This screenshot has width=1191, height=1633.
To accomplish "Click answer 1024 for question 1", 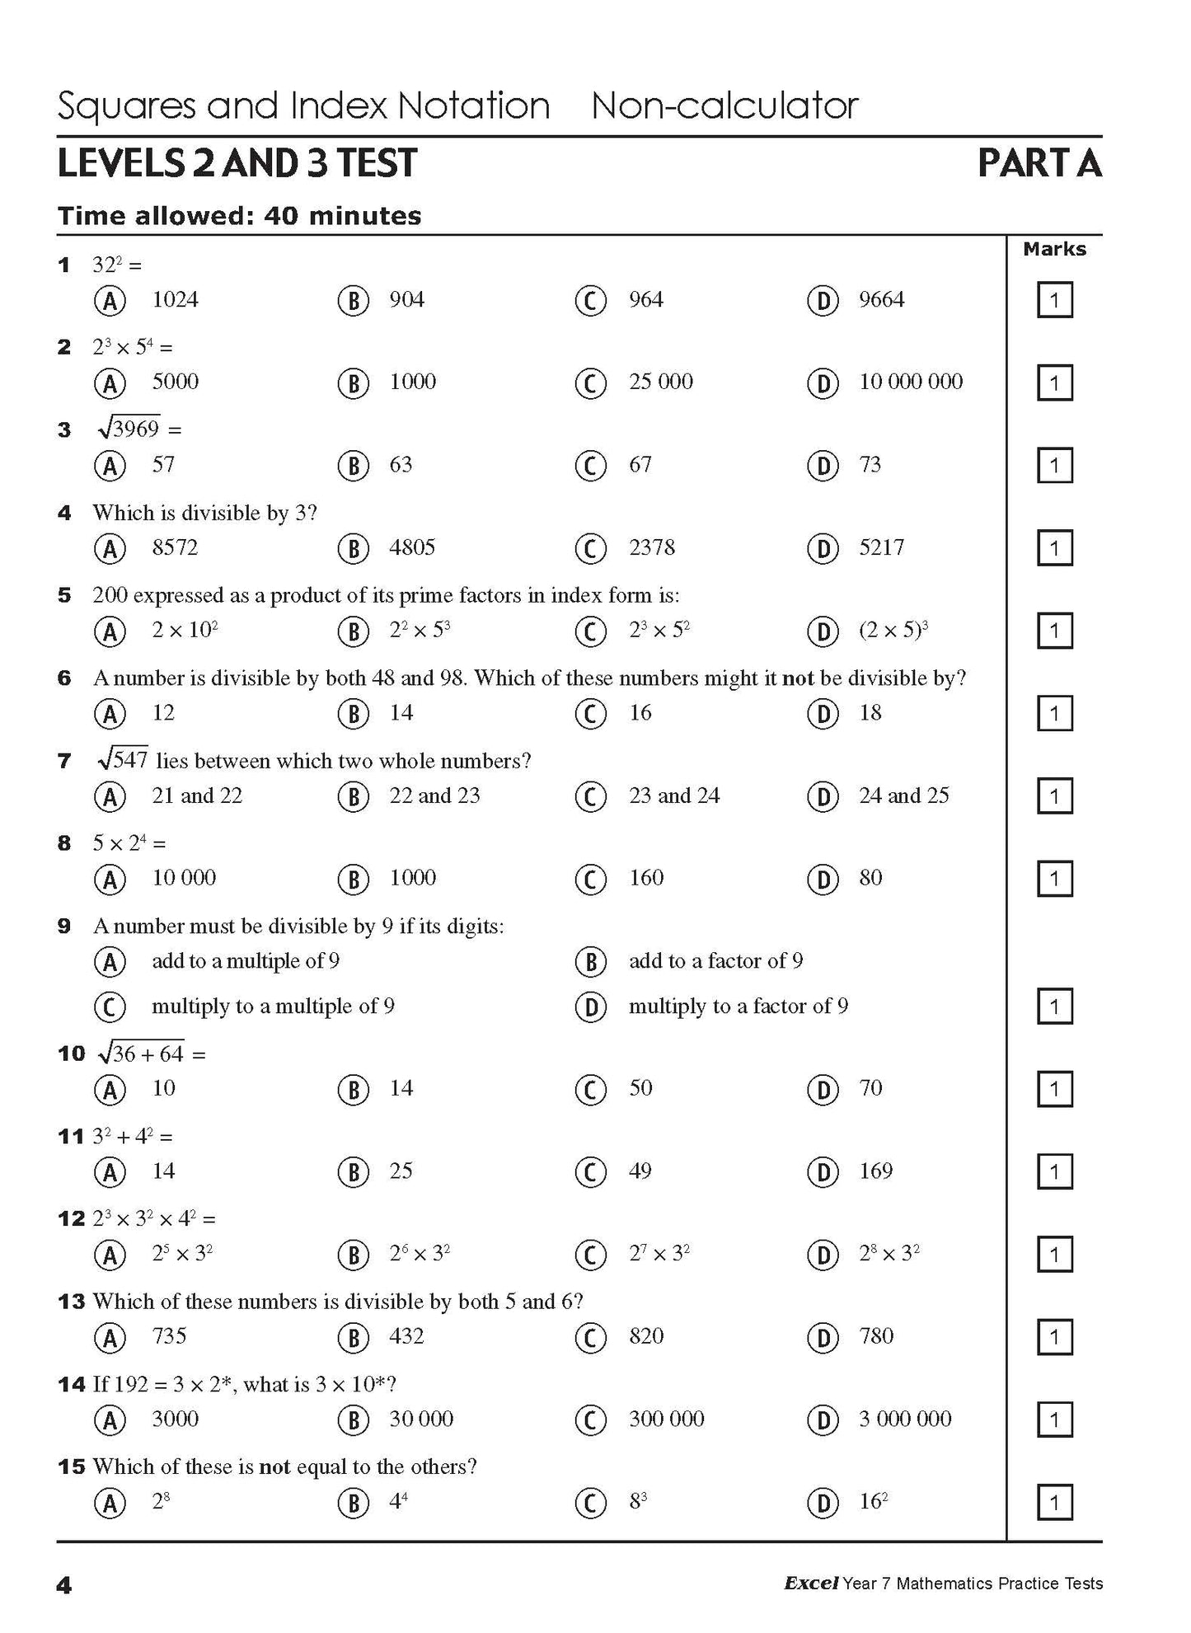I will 175,300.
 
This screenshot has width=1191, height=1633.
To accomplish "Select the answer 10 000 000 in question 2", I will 911,382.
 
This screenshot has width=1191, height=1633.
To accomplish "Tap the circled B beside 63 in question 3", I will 353,467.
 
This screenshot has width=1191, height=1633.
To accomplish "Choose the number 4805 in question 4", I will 412,548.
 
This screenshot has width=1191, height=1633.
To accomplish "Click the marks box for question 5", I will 1054,631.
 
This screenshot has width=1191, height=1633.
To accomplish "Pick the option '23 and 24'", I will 673,796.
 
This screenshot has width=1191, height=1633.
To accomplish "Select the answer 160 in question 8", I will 646,879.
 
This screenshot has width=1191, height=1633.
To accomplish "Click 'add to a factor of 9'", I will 715,961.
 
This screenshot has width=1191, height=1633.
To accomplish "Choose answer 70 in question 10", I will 870,1089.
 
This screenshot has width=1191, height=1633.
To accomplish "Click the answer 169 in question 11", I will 875,1171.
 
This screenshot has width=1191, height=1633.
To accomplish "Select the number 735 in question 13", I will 169,1336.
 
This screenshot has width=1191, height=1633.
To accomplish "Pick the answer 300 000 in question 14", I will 666,1419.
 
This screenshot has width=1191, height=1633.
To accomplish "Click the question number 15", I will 72,1467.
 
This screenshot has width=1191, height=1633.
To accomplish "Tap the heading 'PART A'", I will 1039,163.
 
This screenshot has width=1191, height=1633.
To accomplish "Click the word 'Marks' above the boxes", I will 1054,249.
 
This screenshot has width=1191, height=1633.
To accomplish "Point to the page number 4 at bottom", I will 64,1584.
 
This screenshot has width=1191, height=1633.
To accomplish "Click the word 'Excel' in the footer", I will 811,1583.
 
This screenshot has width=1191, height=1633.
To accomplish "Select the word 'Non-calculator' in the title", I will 724,106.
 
